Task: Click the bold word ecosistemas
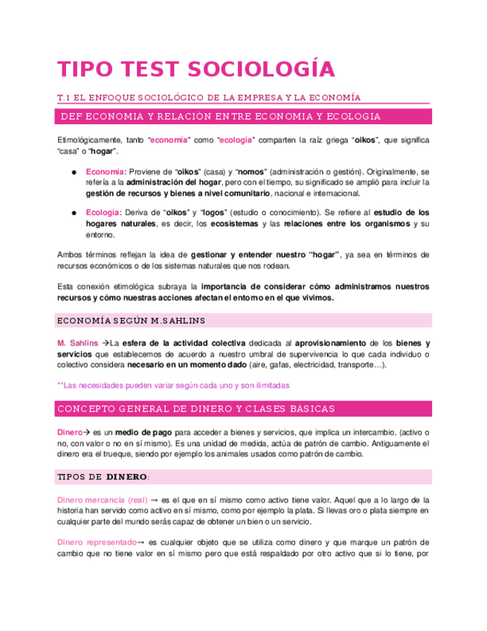click(x=234, y=223)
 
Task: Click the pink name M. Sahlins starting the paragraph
click(x=77, y=343)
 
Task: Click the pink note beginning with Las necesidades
click(x=173, y=385)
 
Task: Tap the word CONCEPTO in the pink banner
click(x=88, y=409)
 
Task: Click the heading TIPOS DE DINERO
click(x=103, y=476)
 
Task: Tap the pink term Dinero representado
click(x=97, y=542)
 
